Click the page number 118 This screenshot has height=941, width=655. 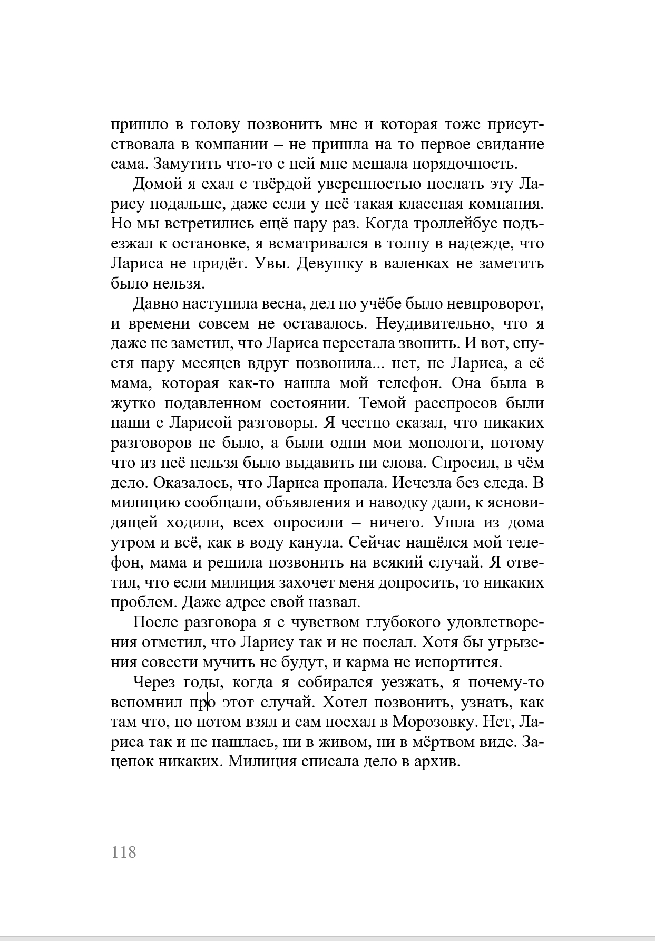pos(124,852)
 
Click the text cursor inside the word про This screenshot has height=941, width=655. pos(208,702)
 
